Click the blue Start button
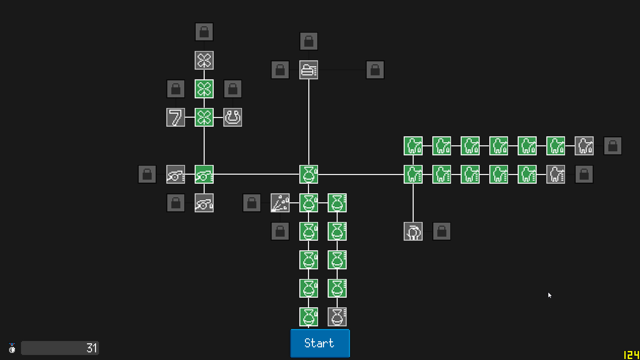click(x=320, y=343)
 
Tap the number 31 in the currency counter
click(x=92, y=348)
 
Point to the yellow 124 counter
click(x=631, y=355)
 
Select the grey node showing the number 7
click(x=176, y=117)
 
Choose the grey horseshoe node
click(x=233, y=117)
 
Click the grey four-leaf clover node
click(x=204, y=60)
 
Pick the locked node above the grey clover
click(x=204, y=32)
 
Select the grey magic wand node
click(x=280, y=203)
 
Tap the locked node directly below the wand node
click(x=280, y=231)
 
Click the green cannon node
click(x=204, y=174)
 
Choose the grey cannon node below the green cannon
click(x=204, y=203)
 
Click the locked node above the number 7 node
click(x=176, y=89)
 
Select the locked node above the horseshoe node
click(x=233, y=89)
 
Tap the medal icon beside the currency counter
click(x=12, y=348)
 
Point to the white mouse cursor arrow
click(x=550, y=295)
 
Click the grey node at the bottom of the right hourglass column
click(x=337, y=317)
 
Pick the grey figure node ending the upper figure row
click(x=584, y=146)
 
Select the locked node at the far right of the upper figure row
click(x=613, y=146)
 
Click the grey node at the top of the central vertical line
click(x=309, y=70)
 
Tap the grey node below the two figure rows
click(x=413, y=231)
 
